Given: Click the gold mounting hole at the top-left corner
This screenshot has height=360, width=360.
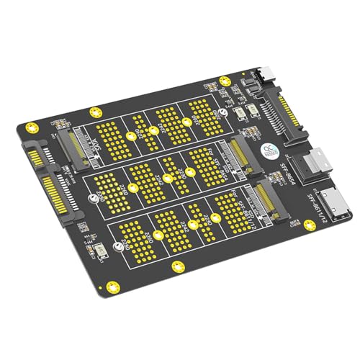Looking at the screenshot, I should click(x=30, y=128).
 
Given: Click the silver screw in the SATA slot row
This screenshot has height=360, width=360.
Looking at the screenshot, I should click(x=131, y=135).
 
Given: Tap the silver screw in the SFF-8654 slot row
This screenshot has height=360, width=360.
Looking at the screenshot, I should click(x=167, y=178).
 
